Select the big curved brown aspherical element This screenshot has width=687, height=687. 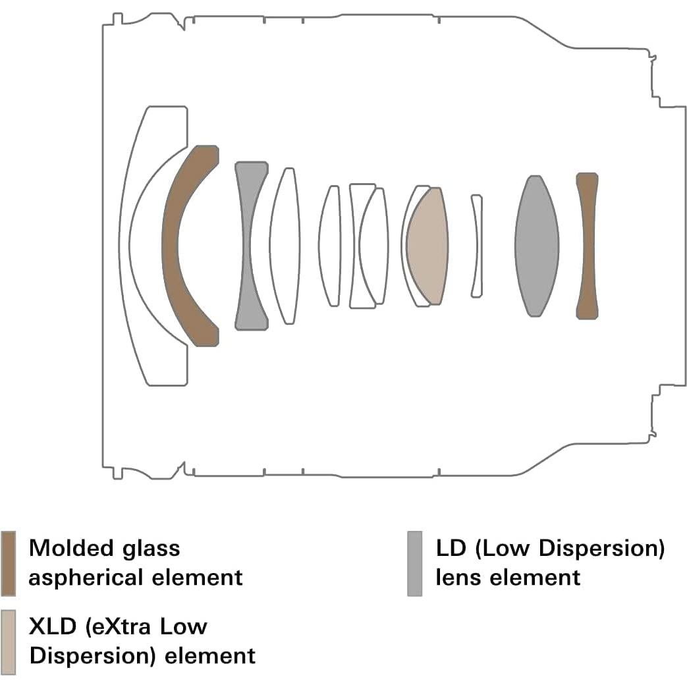[x=170, y=245]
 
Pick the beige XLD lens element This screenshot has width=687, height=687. [x=427, y=246]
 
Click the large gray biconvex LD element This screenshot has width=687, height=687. [x=537, y=246]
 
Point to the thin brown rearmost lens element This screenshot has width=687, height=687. [x=588, y=246]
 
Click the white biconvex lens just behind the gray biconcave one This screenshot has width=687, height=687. [x=285, y=246]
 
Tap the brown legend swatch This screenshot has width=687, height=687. [x=9, y=563]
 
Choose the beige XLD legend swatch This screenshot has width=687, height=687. [x=9, y=642]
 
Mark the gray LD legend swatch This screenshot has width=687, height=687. [x=414, y=563]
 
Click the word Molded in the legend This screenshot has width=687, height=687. [x=72, y=548]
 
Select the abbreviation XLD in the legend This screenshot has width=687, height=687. [x=53, y=626]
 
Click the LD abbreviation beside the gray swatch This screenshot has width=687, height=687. [x=451, y=548]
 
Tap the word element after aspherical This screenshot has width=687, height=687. [x=197, y=578]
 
